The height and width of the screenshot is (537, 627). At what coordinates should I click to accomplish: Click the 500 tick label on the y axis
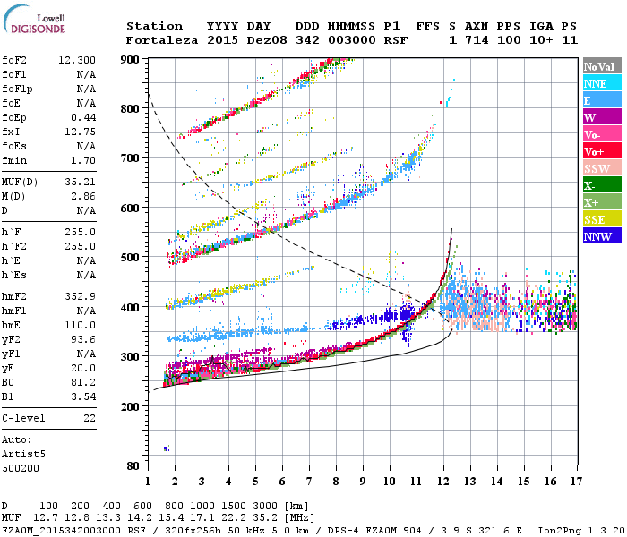point(130,257)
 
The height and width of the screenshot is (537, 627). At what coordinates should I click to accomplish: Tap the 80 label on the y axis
point(133,465)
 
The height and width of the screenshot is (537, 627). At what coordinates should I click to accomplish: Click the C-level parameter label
point(24,418)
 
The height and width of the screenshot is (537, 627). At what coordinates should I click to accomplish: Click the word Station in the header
point(154,26)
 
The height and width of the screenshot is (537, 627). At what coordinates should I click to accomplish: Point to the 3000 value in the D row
point(242,506)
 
